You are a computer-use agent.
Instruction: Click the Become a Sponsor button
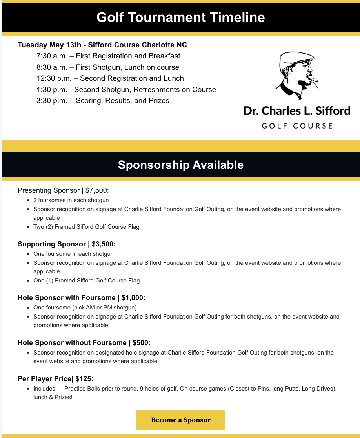[180, 420]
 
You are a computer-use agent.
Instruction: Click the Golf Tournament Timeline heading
[180, 18]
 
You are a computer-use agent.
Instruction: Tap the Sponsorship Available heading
[180, 165]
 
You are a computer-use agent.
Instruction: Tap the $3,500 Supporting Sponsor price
[104, 244]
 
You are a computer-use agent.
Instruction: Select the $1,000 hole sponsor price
[133, 298]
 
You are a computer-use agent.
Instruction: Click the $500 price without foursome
[141, 343]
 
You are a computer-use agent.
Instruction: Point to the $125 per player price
[84, 379]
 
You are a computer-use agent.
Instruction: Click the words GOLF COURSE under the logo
[297, 126]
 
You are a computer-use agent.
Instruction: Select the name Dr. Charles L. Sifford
[297, 110]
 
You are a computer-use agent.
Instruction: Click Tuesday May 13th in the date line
[47, 45]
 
